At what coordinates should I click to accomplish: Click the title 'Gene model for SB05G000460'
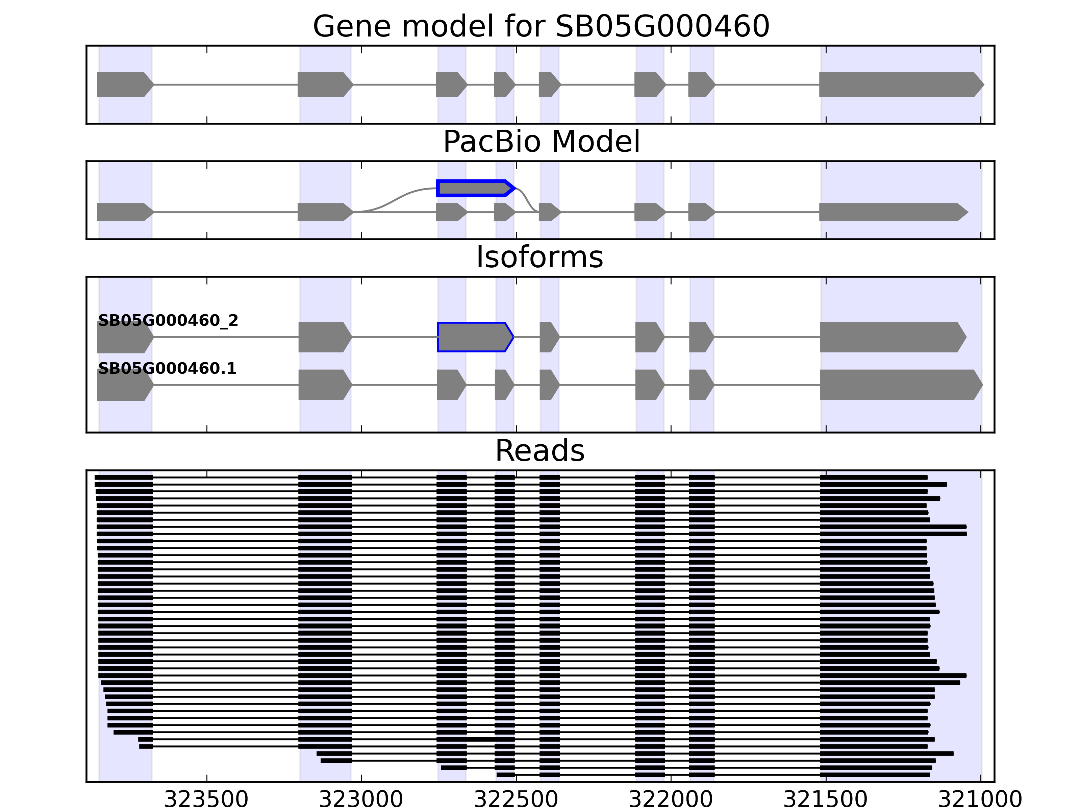pos(540,26)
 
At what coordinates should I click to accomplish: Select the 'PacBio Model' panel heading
pos(541,142)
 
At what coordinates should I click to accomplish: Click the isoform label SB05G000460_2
pos(168,321)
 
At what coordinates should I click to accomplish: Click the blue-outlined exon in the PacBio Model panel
pos(474,188)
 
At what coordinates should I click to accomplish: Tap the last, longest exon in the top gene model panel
pos(899,84)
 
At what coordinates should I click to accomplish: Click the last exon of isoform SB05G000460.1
pos(899,385)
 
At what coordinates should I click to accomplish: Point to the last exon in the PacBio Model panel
pos(892,212)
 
